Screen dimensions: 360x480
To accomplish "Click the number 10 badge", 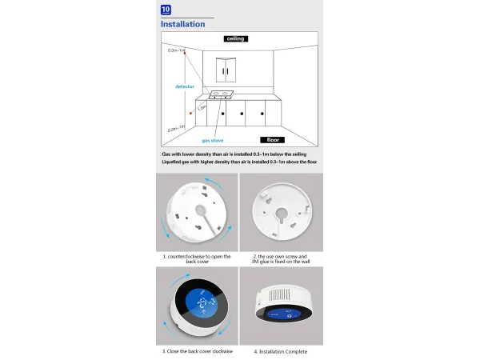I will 166,10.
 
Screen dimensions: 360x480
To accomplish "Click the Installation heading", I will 182,24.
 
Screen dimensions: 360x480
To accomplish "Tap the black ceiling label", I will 235,38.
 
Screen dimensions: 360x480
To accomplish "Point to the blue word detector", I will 185,86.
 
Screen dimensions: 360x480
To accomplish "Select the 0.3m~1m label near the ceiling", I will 176,50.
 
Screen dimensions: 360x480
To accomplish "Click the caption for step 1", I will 197,259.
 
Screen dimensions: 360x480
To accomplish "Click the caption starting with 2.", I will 280,259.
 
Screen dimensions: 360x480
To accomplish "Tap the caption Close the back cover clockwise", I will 197,350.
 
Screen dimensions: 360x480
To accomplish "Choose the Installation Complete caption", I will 280,350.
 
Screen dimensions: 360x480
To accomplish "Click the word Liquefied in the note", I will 174,162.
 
